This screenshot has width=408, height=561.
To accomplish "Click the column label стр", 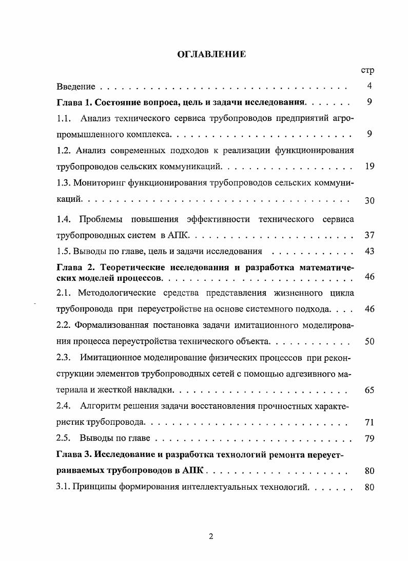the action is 368,70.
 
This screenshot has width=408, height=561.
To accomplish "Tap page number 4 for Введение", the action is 370,86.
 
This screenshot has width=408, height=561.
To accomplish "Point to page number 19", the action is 370,166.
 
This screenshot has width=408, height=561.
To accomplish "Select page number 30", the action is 370,200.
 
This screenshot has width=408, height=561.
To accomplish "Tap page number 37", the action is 370,235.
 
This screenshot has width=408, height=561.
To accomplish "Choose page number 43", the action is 370,251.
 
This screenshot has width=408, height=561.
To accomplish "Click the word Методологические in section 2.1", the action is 120,293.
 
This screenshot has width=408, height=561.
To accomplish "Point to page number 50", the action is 370,341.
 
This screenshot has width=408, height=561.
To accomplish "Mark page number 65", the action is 370,390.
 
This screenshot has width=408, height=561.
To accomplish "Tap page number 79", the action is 370,439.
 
